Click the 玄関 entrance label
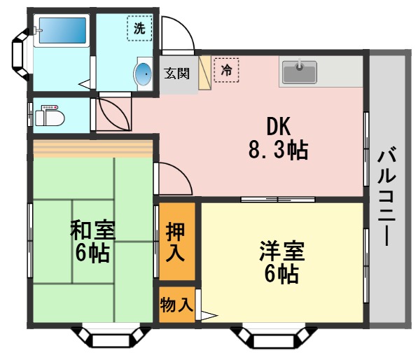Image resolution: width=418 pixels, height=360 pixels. coord(177,73)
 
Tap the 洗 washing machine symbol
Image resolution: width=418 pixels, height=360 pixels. coord(140,29)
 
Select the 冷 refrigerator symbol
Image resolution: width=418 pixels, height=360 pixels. coord(226,70)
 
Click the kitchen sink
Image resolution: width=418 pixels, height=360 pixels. coord(299,71)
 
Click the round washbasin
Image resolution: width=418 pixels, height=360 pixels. coord(143,74)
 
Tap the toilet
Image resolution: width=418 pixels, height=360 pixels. coord(50,116)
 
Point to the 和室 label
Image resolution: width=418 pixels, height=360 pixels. coord(92,229)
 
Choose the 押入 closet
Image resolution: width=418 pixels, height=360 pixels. coord(175,242)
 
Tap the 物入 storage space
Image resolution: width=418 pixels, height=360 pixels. coord(175,305)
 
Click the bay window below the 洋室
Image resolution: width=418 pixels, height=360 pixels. coord(270,338)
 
